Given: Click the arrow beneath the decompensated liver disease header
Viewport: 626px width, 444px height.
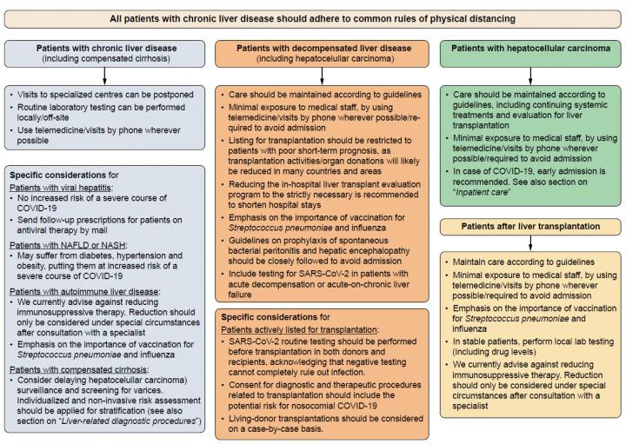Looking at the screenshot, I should pos(313,76).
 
